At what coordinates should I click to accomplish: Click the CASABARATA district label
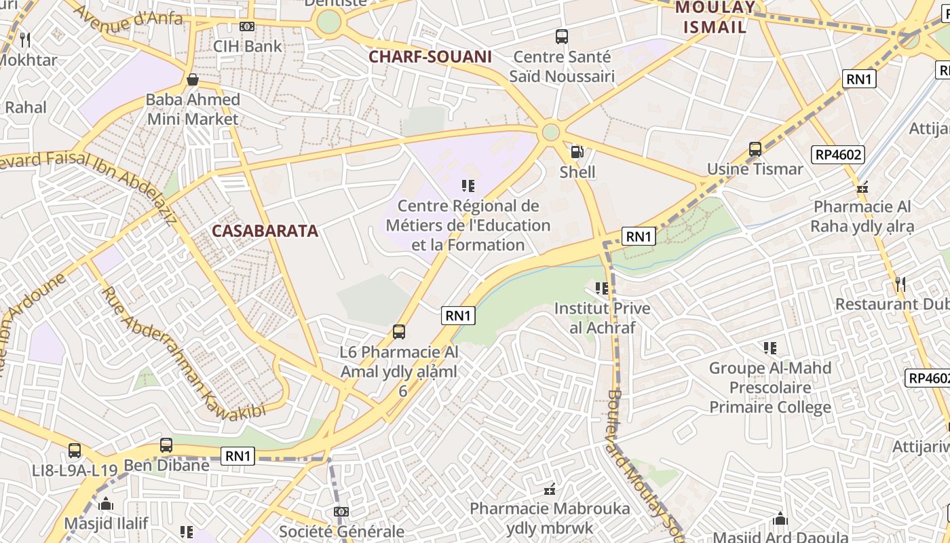[x=265, y=231]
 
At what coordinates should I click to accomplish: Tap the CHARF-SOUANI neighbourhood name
[x=430, y=57]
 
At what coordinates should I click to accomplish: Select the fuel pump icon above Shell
[x=577, y=152]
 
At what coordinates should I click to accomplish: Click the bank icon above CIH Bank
[x=247, y=26]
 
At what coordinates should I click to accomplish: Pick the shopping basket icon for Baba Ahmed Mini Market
[x=193, y=79]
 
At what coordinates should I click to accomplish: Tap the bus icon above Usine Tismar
[x=755, y=149]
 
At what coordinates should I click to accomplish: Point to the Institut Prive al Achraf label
[x=602, y=318]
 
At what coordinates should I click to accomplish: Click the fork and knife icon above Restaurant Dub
[x=900, y=284]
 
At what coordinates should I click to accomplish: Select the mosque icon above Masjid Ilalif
[x=106, y=504]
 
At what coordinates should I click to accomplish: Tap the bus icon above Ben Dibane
[x=166, y=445]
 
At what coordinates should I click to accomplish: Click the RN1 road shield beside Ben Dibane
[x=238, y=456]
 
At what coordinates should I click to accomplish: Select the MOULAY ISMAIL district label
[x=715, y=18]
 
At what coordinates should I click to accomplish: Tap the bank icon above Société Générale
[x=341, y=512]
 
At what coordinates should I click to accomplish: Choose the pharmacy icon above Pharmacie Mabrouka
[x=550, y=489]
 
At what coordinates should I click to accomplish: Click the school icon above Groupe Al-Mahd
[x=769, y=348]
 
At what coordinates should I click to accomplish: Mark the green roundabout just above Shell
[x=551, y=132]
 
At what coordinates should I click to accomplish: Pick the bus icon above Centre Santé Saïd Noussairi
[x=561, y=37]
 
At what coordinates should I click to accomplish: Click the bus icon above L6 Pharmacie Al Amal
[x=399, y=332]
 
